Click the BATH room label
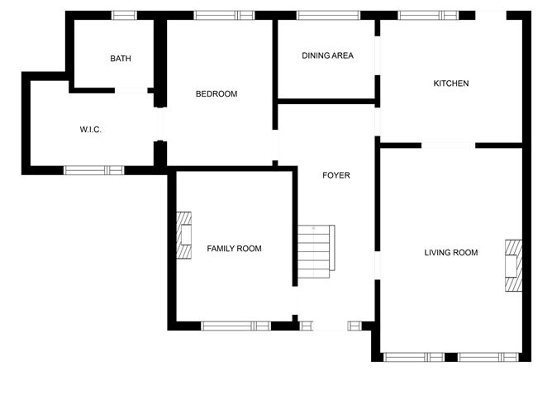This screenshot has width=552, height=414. click(x=121, y=59)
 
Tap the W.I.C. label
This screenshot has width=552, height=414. click(x=90, y=130)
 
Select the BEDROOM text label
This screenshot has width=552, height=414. click(x=217, y=94)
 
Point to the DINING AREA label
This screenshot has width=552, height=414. click(x=328, y=55)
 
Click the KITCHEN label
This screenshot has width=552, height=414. click(x=451, y=83)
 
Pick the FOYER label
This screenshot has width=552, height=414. click(x=336, y=175)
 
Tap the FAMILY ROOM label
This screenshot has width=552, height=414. click(x=234, y=249)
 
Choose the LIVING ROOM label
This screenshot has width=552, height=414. click(x=451, y=252)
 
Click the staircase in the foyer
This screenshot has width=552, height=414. click(x=316, y=251)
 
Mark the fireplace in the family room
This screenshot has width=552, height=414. click(x=183, y=236)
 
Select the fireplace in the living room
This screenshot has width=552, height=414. click(x=514, y=265)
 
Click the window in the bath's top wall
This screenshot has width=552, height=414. click(x=124, y=16)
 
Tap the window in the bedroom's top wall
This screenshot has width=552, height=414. click(x=224, y=16)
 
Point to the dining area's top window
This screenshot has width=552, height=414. click(x=328, y=16)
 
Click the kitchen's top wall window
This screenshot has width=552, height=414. click(x=428, y=16)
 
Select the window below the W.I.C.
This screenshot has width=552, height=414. click(x=93, y=170)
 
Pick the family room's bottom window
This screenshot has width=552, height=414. click(x=236, y=326)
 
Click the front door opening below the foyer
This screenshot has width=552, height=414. click(x=331, y=326)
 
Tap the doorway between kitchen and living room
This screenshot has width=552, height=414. click(x=448, y=145)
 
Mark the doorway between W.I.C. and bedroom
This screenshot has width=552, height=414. click(x=160, y=124)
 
